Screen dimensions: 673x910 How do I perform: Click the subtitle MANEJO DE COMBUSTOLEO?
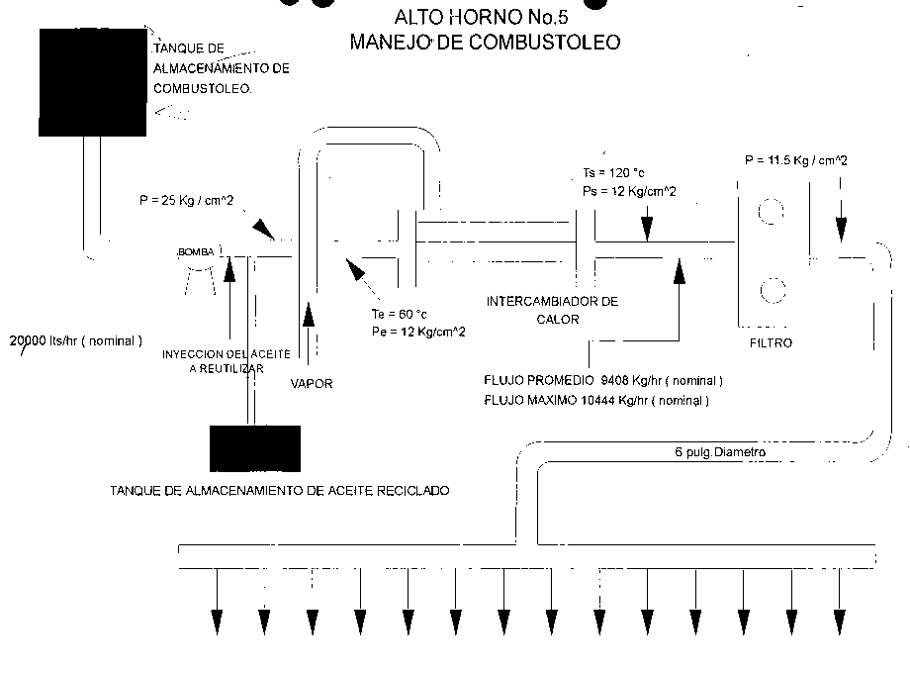486,43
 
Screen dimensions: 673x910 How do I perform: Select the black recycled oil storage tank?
254,448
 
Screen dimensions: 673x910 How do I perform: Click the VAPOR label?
312,382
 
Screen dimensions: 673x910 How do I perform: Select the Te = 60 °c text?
392,314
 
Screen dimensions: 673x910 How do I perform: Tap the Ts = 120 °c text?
614,172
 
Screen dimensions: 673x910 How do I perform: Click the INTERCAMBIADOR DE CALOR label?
552,310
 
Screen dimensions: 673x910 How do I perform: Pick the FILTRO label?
771,343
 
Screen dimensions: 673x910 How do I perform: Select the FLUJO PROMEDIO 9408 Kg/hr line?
603,380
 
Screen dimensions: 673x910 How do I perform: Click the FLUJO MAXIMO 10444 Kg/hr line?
596,401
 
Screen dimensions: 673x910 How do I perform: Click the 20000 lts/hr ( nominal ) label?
76,339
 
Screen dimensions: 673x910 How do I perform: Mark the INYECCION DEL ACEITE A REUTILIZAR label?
227,360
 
